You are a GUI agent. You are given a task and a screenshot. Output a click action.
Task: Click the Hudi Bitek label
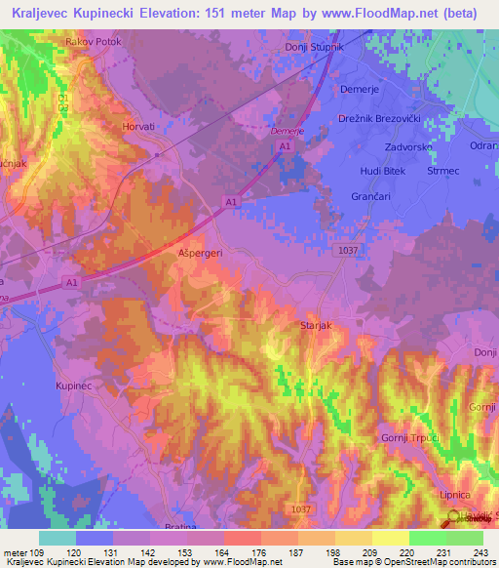(x=382, y=171)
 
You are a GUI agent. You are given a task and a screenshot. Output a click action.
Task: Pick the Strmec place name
(x=443, y=171)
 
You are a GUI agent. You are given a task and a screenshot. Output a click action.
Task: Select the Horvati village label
(x=137, y=127)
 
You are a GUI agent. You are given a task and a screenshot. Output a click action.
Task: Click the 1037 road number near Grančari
(x=349, y=251)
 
